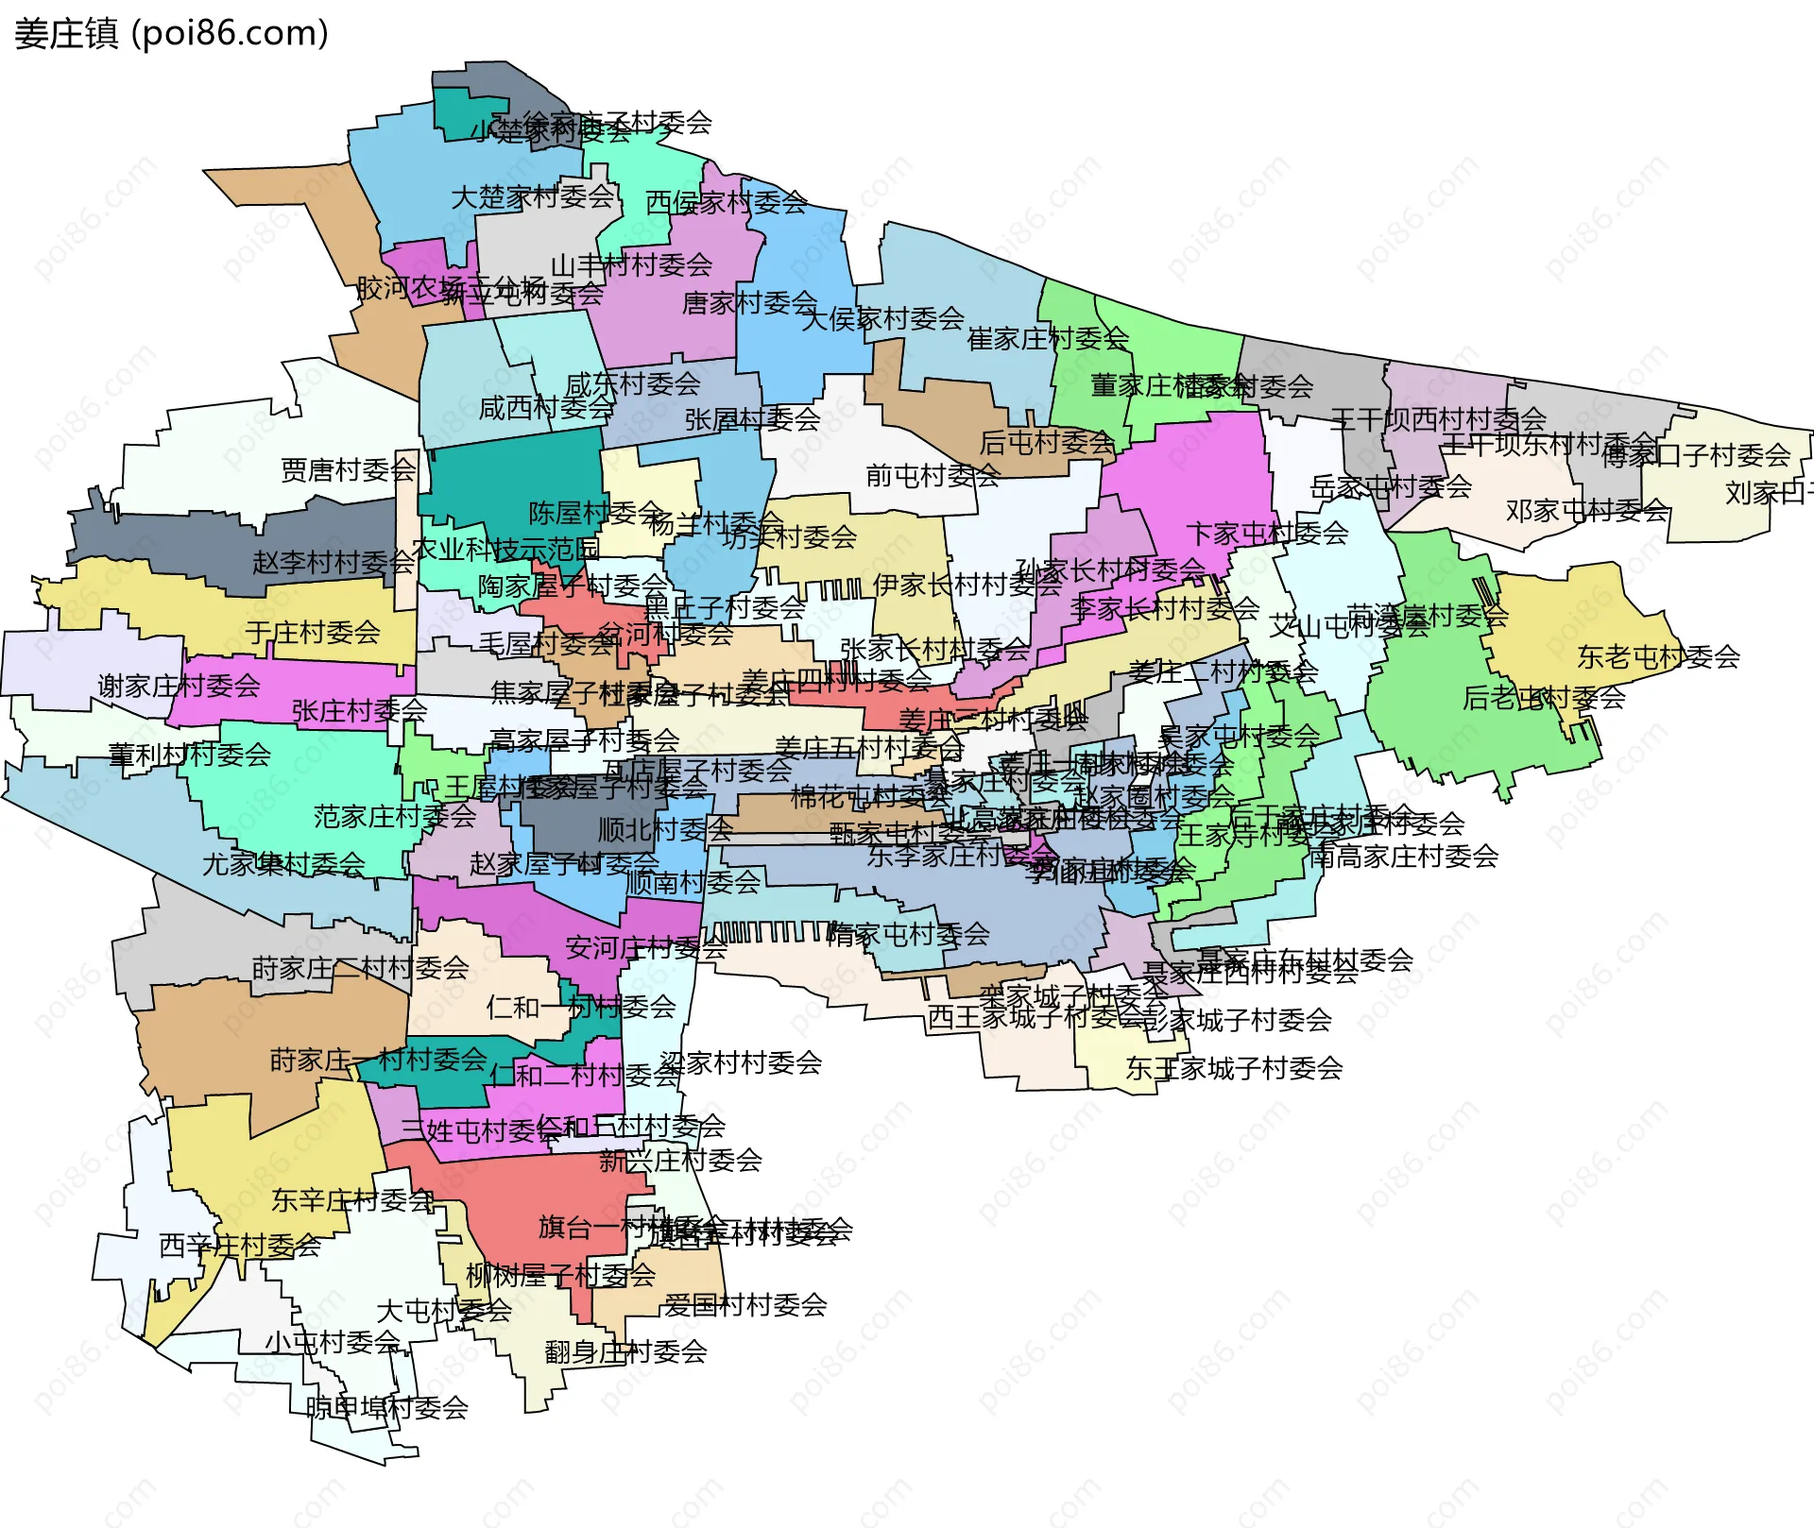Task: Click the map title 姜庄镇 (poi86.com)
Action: tap(171, 34)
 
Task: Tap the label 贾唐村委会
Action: tap(349, 469)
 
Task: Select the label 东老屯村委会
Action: tap(1658, 656)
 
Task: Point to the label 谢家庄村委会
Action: tap(179, 686)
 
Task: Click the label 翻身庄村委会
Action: tap(625, 1351)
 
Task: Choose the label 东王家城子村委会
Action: tap(1234, 1068)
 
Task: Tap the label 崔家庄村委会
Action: tap(1048, 338)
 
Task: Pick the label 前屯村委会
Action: tap(933, 475)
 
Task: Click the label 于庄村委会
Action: tap(313, 632)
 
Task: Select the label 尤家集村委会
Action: tap(283, 863)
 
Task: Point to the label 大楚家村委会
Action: tap(533, 197)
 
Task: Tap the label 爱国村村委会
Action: tap(744, 1305)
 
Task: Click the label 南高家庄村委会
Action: tap(1404, 857)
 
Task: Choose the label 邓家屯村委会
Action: tap(1587, 511)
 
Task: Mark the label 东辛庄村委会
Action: tap(352, 1200)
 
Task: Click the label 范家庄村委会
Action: tap(395, 816)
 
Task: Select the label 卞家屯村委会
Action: tap(1267, 534)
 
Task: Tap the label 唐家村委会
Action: tap(749, 303)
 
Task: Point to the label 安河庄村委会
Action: tap(646, 947)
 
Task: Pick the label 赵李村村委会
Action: tap(333, 563)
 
